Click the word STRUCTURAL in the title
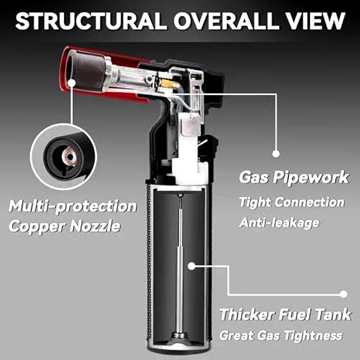tap(91, 21)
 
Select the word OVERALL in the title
tap(227, 21)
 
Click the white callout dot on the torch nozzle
tap(72, 83)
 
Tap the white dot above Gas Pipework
tap(276, 153)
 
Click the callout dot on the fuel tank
tap(191, 266)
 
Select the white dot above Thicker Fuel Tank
tap(343, 294)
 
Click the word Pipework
tap(311, 177)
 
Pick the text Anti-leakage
tap(279, 222)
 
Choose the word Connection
tap(310, 202)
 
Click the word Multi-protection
tap(73, 206)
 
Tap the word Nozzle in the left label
tap(95, 226)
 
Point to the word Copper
tap(37, 227)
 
